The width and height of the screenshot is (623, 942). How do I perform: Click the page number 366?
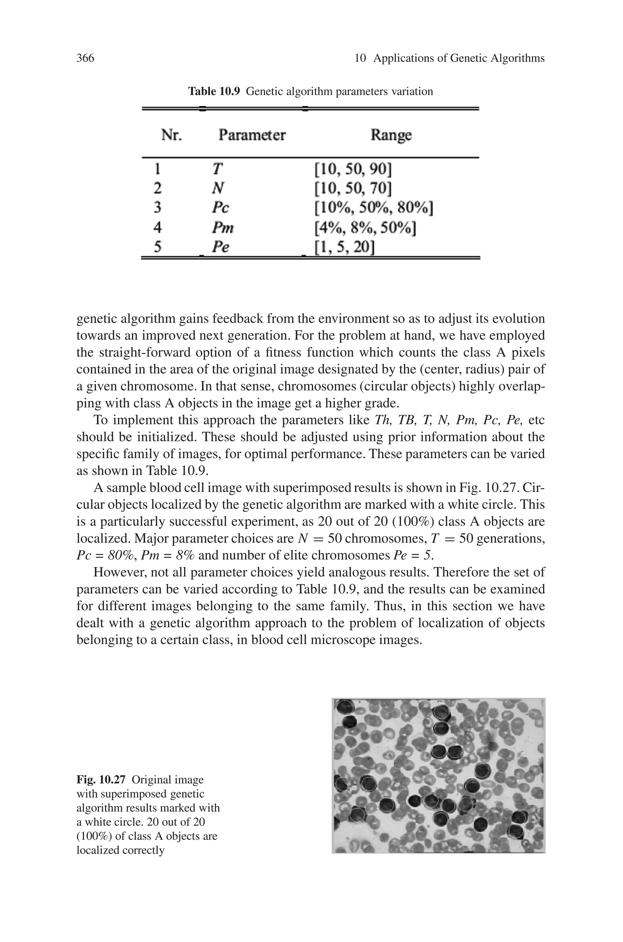point(85,58)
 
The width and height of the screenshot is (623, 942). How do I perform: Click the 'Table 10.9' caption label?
point(214,91)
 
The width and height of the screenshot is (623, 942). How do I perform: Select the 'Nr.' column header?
point(172,135)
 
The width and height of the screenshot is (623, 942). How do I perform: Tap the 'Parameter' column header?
point(252,135)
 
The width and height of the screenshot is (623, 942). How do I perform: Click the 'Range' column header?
point(391,135)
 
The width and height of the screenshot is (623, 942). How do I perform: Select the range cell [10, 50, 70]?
point(353,189)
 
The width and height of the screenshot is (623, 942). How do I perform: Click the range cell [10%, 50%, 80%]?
point(373,208)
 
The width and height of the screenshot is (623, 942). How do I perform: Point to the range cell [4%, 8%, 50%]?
point(365,228)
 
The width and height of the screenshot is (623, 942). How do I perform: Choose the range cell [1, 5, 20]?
point(344,247)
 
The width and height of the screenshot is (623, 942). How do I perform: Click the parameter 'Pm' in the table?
point(222,228)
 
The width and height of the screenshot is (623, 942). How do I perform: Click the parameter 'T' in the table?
point(217,169)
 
